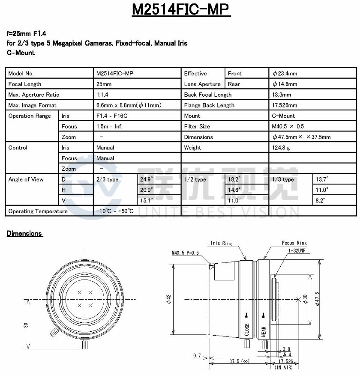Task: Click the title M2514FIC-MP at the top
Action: [x=180, y=10]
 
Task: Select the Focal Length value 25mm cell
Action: [x=104, y=84]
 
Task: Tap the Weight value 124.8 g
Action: [x=281, y=148]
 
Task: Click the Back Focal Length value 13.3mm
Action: [x=282, y=95]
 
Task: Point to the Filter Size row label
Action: [x=197, y=127]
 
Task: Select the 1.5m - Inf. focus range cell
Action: [x=110, y=127]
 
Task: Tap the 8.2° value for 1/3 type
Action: [x=321, y=200]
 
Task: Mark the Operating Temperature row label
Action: [x=38, y=211]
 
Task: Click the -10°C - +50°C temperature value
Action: [x=115, y=211]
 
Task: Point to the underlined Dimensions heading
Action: [x=24, y=234]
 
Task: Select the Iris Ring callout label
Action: [x=221, y=243]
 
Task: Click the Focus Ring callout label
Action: [x=294, y=243]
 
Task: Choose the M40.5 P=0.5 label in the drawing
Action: [x=186, y=253]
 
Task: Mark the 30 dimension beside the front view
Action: [x=26, y=325]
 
